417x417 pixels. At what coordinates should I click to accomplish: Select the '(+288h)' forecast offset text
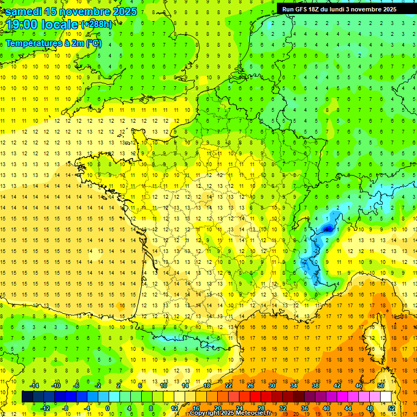(97, 24)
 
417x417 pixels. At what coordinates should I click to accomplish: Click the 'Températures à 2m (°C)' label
(53, 43)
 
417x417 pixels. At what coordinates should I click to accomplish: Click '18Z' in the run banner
(317, 9)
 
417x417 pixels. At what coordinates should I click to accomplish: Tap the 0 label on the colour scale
(108, 408)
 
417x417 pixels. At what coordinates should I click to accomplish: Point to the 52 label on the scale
(391, 408)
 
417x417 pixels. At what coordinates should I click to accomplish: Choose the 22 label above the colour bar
(229, 386)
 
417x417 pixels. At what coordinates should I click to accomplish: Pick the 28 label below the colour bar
(261, 408)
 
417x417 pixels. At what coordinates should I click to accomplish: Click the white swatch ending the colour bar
(386, 397)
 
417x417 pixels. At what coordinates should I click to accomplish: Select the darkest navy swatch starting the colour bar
(27, 397)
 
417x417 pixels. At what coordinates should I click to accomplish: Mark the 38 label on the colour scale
(315, 386)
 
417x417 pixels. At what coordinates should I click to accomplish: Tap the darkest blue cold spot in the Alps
(327, 229)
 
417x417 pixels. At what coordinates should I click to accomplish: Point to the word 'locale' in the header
(60, 25)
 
